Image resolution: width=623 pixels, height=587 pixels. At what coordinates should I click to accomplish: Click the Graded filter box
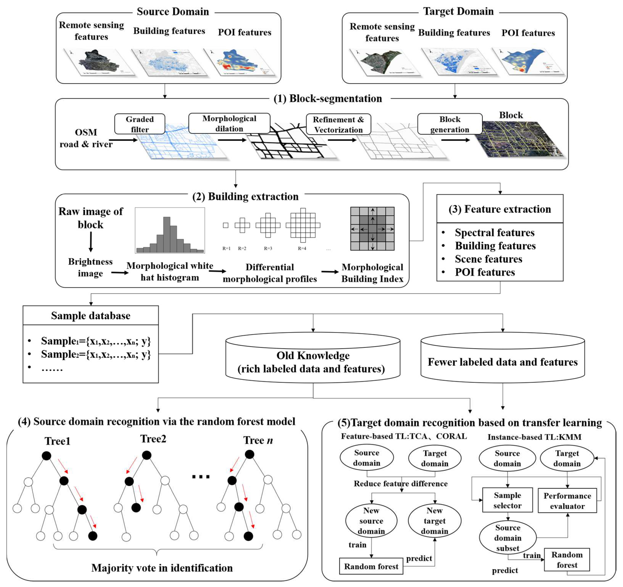pos(140,124)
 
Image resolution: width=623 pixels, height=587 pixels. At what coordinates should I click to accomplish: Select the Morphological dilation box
pos(229,123)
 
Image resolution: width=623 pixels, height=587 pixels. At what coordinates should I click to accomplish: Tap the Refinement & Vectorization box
pos(338,124)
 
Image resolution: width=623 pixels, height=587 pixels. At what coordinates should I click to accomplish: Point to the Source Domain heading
pos(173,12)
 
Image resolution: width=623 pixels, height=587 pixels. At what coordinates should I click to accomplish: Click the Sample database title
pos(90,315)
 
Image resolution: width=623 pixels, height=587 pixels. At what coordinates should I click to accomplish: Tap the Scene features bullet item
pos(488,259)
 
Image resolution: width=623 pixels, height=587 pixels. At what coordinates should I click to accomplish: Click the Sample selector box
pos(507,500)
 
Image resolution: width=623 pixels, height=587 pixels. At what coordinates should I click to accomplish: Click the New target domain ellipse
pos(434,521)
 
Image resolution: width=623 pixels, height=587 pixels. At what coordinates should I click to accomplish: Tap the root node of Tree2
pos(147,455)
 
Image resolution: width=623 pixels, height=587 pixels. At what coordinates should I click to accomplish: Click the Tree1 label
pos(57,441)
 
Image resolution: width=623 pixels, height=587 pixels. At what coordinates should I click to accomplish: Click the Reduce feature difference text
pos(400,484)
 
